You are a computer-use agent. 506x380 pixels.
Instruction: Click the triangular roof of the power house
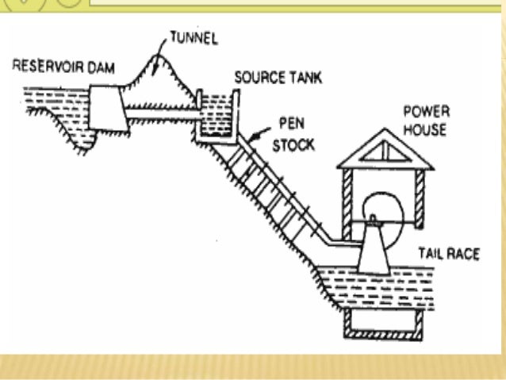pyautogui.click(x=385, y=152)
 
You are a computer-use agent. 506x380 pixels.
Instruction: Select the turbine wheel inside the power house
pyautogui.click(x=382, y=213)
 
